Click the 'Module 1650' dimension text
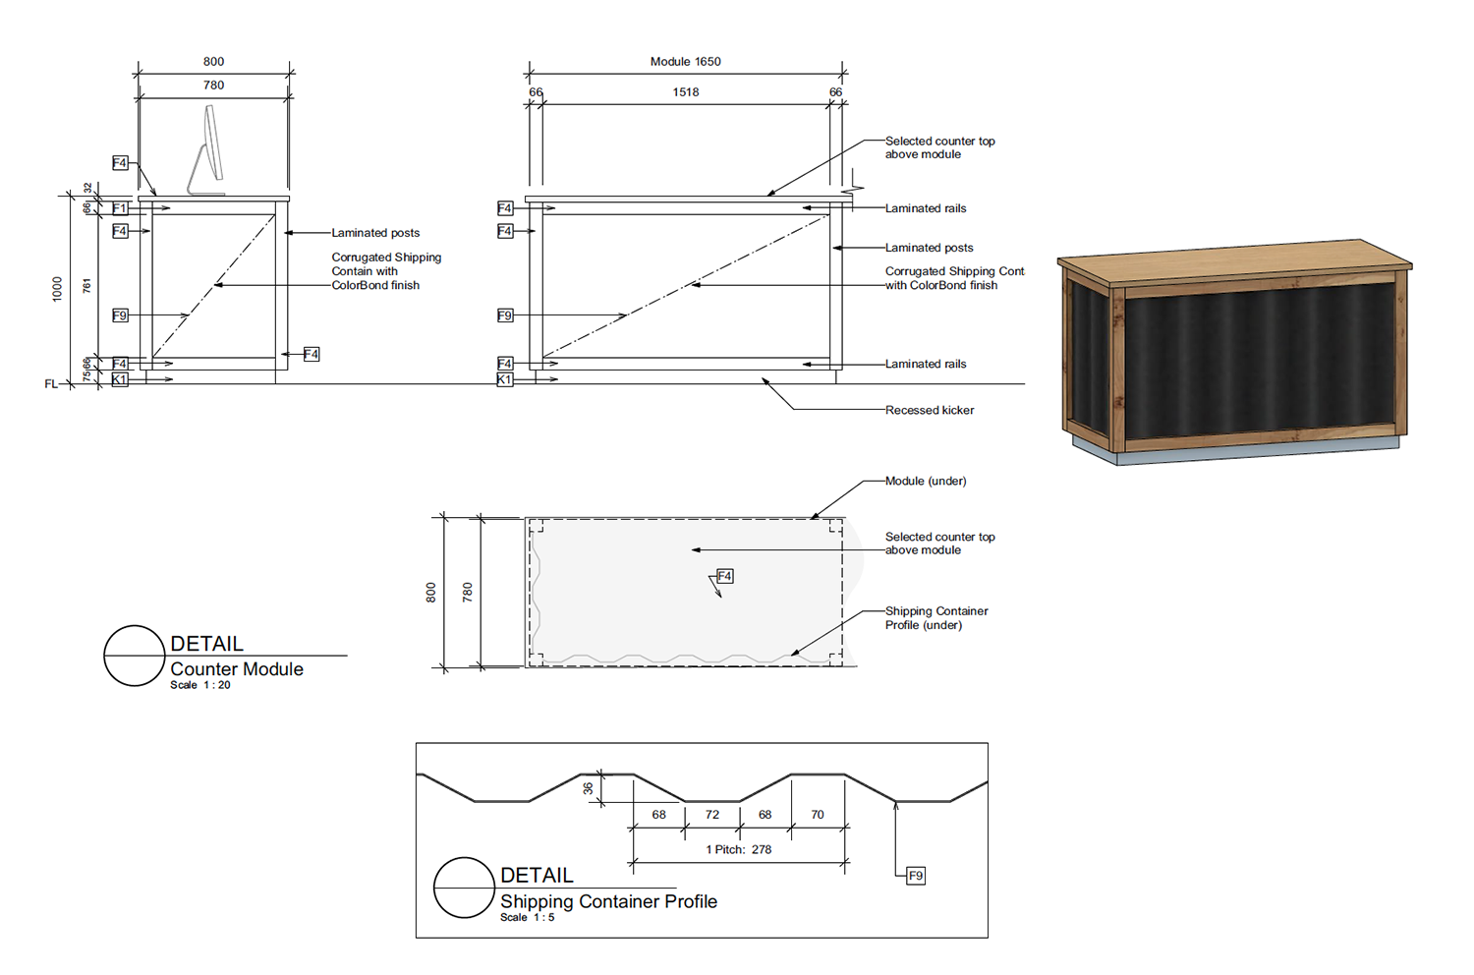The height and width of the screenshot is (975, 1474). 685,61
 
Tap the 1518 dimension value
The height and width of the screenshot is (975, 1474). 685,92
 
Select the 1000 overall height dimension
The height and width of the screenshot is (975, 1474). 57,289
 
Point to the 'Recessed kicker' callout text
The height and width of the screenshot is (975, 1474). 930,410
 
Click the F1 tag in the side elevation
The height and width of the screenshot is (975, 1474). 120,208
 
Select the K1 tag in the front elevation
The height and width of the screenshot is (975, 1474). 505,379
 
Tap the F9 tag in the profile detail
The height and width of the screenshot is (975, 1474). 915,876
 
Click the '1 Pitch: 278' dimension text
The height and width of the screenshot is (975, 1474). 738,849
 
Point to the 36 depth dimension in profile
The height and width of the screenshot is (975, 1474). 589,788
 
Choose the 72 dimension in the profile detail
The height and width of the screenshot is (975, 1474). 712,815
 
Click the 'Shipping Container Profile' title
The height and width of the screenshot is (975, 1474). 608,901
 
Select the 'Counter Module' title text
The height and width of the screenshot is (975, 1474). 237,669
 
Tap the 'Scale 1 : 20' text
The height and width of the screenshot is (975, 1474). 200,685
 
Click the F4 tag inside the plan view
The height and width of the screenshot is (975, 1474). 724,576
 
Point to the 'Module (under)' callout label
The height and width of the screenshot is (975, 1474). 926,482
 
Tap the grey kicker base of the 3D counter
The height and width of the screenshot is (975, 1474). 1236,450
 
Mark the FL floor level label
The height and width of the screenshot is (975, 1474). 51,384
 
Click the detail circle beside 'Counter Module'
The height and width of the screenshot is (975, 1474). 135,656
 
